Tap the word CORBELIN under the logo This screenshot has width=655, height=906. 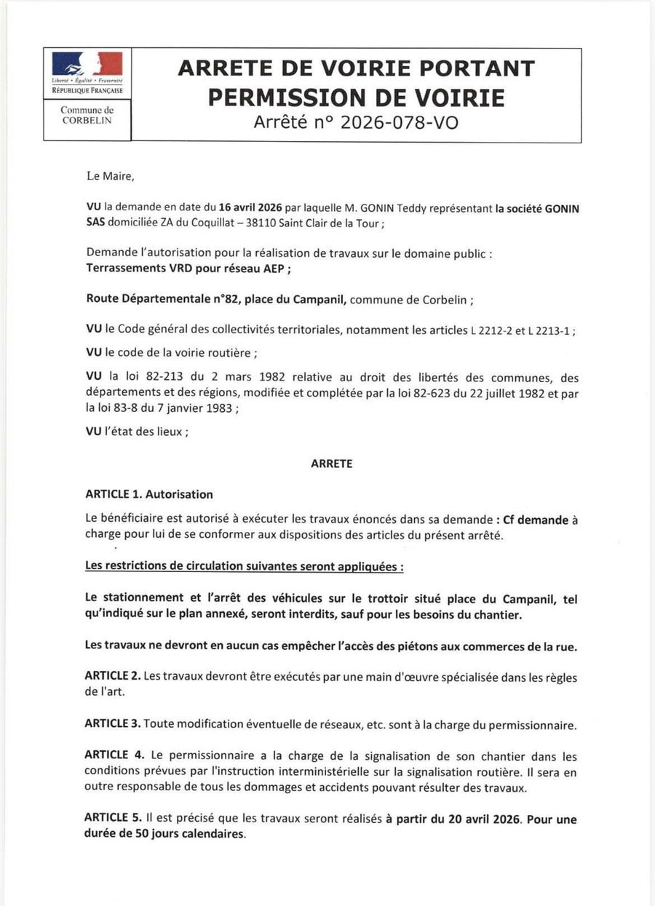coord(87,121)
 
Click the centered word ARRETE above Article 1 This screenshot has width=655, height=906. coord(331,464)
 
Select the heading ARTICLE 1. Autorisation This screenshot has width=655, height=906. coord(149,494)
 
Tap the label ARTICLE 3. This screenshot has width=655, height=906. coord(112,725)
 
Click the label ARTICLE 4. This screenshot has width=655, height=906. coord(113,755)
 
